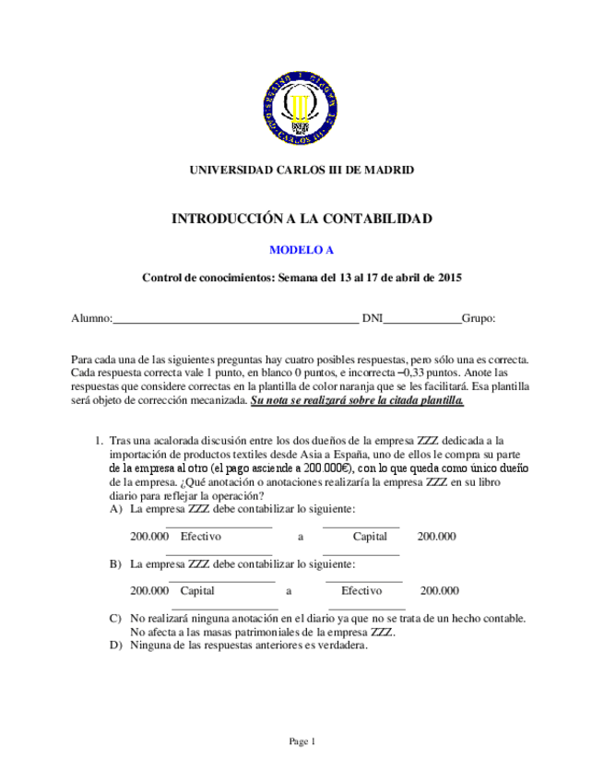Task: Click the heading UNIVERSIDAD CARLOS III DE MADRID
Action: pos(302,170)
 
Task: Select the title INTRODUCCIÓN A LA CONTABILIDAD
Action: pos(302,219)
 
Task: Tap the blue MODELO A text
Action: pos(302,250)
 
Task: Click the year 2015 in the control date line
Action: pos(448,278)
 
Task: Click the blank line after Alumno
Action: pos(235,319)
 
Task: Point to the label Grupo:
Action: pos(479,318)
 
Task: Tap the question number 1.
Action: pos(100,441)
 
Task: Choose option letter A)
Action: pos(115,509)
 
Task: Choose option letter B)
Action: pos(115,563)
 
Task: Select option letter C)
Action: pos(115,618)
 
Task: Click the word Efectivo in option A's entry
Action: pos(201,536)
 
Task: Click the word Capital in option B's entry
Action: pos(197,590)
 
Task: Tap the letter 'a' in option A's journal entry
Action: pos(301,536)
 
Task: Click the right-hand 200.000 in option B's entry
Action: pos(440,590)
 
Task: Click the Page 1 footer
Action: pos(302,741)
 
